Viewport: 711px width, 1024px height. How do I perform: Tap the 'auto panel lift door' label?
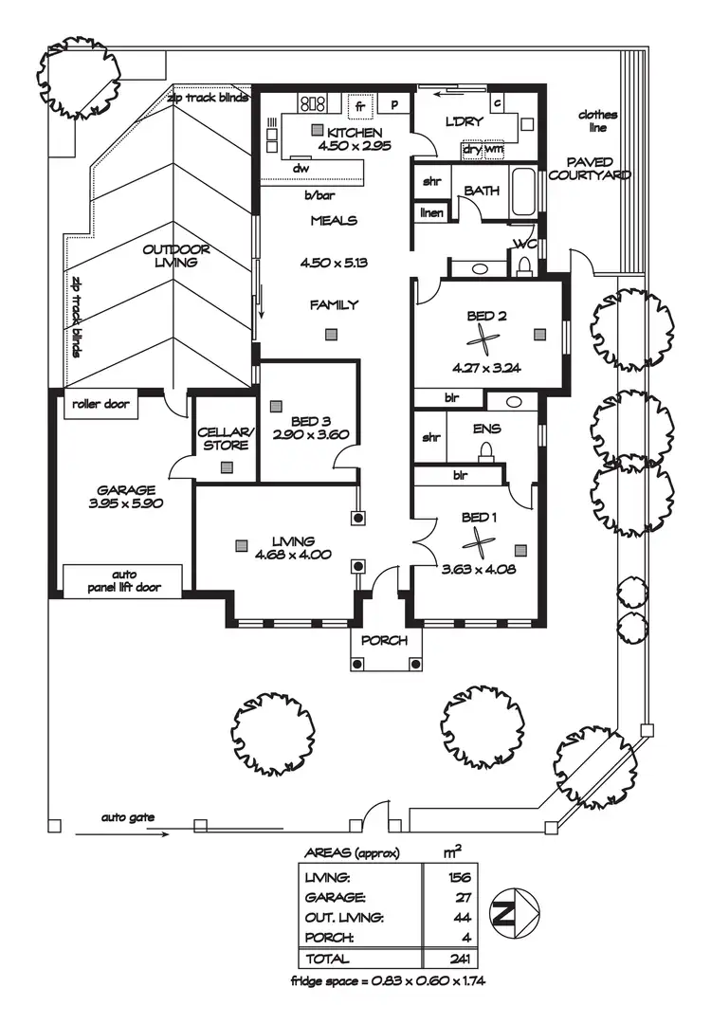(124, 580)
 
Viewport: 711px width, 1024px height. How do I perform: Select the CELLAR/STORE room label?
(224, 439)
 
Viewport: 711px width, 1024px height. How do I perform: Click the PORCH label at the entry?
(385, 641)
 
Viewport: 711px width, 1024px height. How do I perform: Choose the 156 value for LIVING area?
(459, 876)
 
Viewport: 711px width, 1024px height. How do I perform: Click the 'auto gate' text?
(128, 816)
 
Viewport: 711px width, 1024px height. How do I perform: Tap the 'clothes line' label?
(598, 120)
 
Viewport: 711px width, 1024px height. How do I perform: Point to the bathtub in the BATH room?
(522, 192)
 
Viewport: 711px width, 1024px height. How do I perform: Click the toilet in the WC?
(523, 265)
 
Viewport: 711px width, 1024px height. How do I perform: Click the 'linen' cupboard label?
(431, 212)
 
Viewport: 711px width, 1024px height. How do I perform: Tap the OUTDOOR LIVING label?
(176, 256)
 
